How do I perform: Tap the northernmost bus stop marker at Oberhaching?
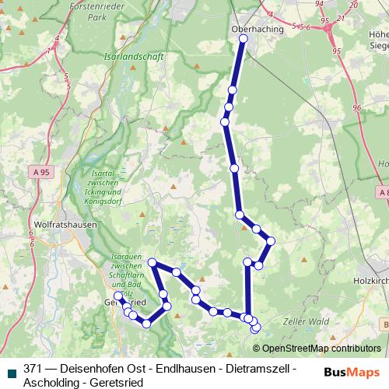[244, 38]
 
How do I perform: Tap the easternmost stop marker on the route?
[271, 240]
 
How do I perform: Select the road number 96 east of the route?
[356, 107]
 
